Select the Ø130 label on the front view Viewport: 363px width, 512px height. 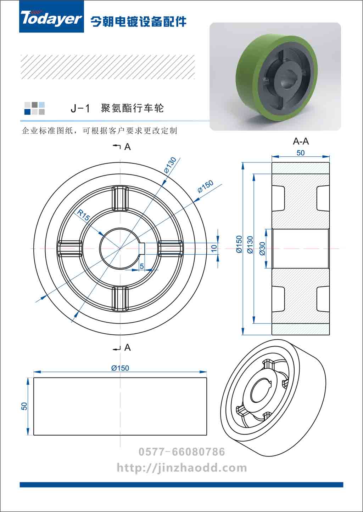(171, 165)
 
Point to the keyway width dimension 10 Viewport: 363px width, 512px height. (214, 248)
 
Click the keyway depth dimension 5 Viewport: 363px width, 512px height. (142, 266)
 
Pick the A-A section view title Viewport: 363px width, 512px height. (301, 142)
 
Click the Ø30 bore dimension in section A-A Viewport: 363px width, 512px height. (262, 248)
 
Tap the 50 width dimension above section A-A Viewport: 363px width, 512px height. (301, 153)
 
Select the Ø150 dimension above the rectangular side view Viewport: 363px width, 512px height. (120, 368)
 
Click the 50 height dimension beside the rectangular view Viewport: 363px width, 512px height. (24, 406)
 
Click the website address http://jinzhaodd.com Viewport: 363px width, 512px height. (182, 468)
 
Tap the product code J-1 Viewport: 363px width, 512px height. (80, 108)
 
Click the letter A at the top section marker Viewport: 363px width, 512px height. (128, 147)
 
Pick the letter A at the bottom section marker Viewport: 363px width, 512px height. (128, 348)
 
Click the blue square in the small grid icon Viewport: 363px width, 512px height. (28, 111)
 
